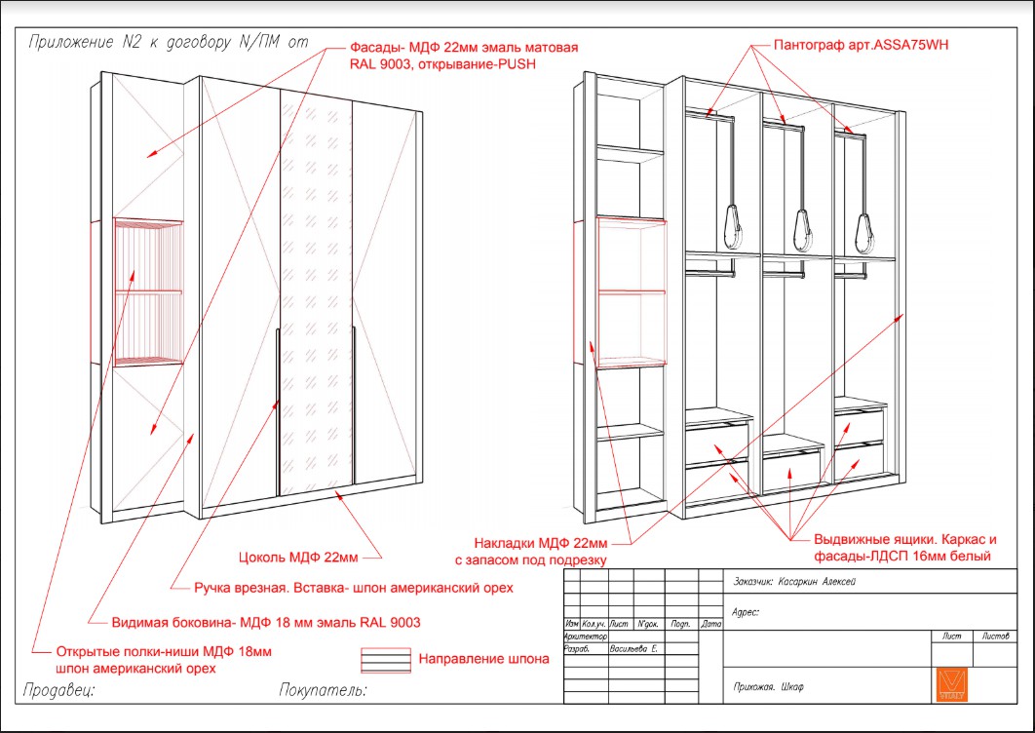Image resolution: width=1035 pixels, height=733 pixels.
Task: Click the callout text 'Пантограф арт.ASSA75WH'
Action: (x=861, y=46)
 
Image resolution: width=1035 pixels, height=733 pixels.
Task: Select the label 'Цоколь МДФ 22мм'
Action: (x=298, y=558)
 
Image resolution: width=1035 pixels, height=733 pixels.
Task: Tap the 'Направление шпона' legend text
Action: (x=483, y=659)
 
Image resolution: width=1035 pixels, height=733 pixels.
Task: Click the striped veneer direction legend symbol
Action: (x=386, y=660)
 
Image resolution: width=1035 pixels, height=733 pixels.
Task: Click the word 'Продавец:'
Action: (x=58, y=691)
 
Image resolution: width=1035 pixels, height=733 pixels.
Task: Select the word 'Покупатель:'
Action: (x=323, y=691)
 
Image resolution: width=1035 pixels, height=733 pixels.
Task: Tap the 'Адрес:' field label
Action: (x=746, y=613)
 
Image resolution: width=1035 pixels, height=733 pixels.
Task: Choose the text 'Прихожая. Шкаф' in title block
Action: (x=768, y=687)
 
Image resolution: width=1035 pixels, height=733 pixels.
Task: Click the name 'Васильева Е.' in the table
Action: (x=633, y=649)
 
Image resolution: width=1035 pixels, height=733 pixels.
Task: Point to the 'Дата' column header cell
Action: (x=710, y=624)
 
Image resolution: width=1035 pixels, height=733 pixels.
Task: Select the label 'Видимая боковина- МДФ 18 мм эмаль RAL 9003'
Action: (x=265, y=622)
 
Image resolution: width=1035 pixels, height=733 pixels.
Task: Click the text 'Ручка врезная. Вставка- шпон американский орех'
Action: (x=353, y=588)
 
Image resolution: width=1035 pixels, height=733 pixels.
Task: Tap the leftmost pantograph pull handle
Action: (x=733, y=226)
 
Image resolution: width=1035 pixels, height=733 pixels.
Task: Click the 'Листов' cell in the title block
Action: (x=995, y=637)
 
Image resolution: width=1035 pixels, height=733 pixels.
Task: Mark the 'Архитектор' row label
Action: (x=586, y=637)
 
